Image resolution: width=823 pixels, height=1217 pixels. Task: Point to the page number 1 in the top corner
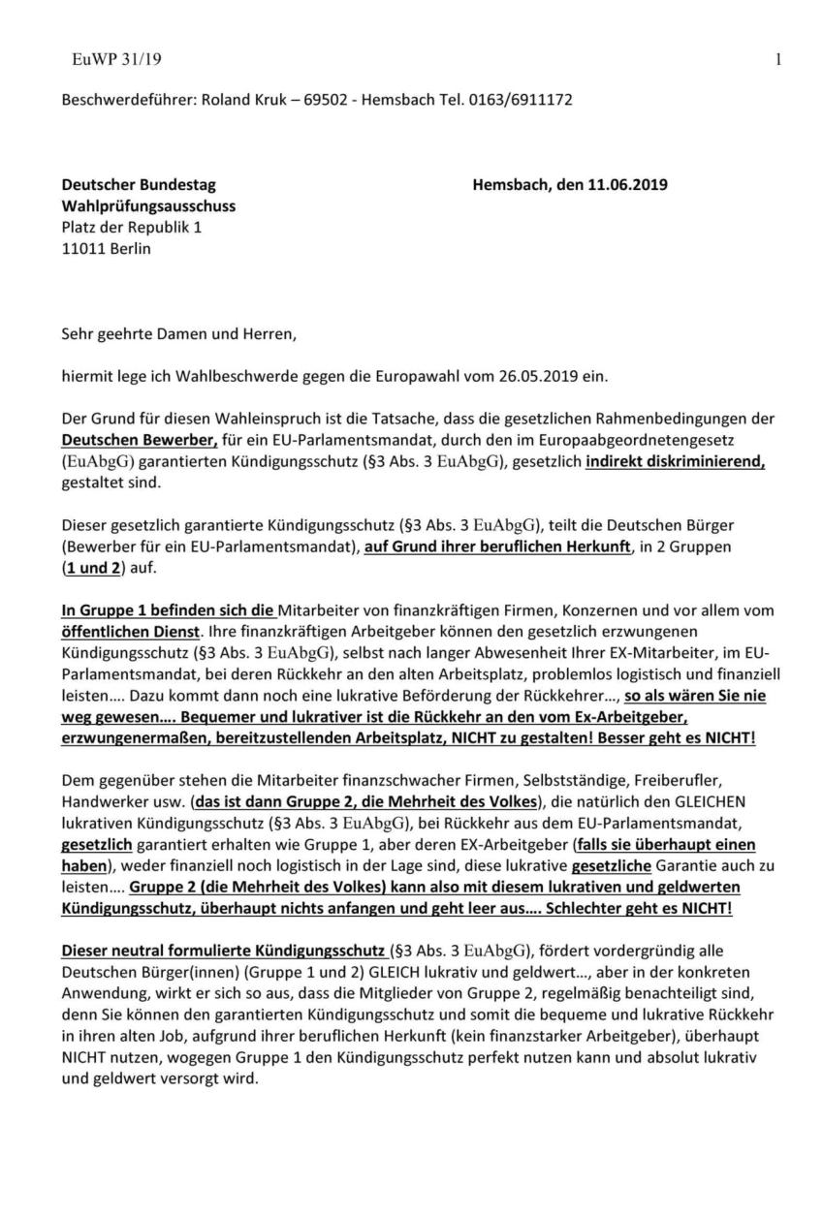(x=779, y=60)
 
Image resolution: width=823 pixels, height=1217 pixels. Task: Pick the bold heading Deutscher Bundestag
(x=139, y=185)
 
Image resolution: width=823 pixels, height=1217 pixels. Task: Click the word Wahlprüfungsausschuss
(x=148, y=205)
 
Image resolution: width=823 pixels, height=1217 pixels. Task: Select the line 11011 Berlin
(x=107, y=247)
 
